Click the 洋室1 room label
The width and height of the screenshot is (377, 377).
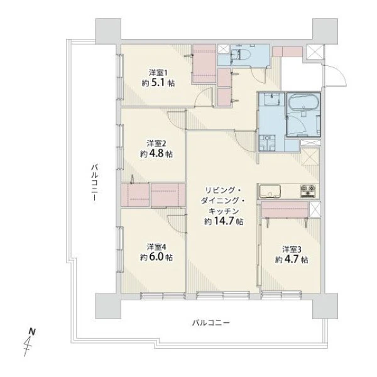[x=158, y=72]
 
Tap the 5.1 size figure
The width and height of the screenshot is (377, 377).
[x=158, y=83]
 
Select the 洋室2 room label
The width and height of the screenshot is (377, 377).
[x=156, y=144]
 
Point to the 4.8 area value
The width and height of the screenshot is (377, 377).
[x=156, y=154]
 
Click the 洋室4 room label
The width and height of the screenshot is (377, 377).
[x=156, y=247]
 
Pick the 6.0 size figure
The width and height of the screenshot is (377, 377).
[x=156, y=258]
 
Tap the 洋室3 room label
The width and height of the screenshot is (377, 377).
[x=292, y=249]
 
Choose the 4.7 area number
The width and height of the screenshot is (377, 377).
[x=292, y=260]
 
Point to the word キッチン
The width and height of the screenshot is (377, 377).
[x=223, y=211]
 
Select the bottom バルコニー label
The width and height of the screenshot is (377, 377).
[x=211, y=323]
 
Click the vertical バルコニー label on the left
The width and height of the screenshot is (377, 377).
[x=94, y=182]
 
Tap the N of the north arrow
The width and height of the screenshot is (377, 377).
[x=32, y=332]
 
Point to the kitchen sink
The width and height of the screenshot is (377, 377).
[x=270, y=190]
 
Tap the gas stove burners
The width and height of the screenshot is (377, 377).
[x=307, y=190]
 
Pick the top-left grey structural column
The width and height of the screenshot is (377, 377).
[x=108, y=31]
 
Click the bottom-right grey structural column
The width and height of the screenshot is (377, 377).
[x=325, y=306]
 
